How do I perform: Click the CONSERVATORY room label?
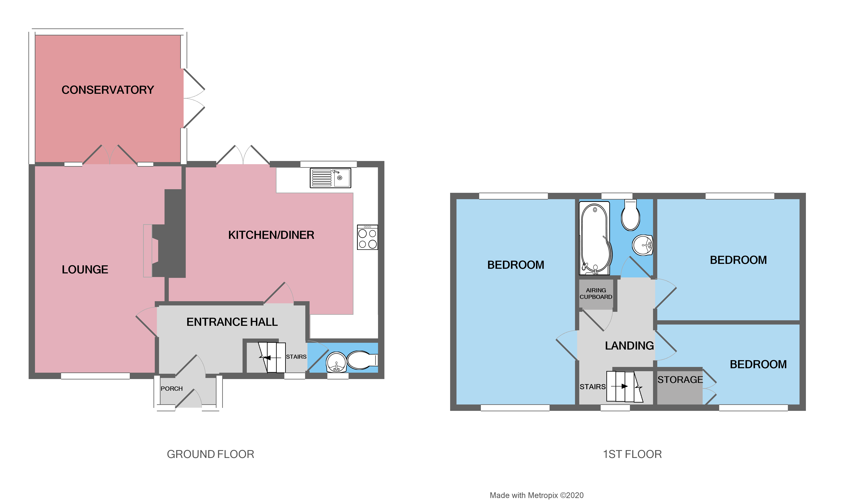point(108,90)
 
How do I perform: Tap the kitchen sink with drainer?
point(330,178)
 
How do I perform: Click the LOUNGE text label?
point(85,269)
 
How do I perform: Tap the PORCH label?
point(172,389)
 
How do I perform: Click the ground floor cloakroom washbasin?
point(336,362)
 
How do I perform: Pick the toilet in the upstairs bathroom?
point(630,216)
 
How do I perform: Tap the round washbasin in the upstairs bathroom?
point(642,245)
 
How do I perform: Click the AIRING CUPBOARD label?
point(596,293)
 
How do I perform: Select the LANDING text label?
point(629,346)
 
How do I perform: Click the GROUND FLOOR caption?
point(210,454)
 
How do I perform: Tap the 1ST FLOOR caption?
point(632,454)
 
